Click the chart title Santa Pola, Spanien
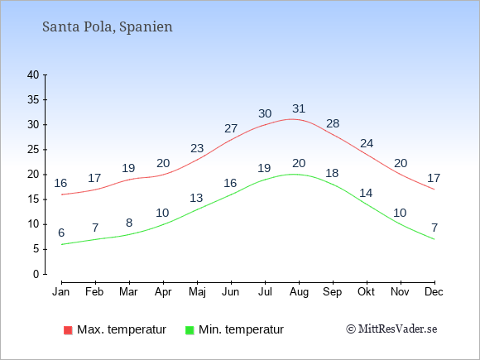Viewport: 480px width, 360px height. (x=108, y=27)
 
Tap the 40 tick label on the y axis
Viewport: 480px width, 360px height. (x=33, y=75)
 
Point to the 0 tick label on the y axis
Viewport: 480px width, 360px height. (x=36, y=274)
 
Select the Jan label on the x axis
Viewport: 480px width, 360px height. (x=61, y=292)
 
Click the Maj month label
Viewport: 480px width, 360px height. (x=197, y=292)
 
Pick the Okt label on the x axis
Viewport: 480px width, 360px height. (x=366, y=292)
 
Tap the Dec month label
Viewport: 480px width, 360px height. (x=434, y=292)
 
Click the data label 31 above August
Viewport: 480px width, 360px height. (x=299, y=108)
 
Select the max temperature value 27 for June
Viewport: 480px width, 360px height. (x=231, y=128)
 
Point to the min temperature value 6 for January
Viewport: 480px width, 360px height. (x=61, y=233)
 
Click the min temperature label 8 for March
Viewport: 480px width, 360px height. (x=129, y=223)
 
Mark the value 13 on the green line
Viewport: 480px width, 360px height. (x=196, y=198)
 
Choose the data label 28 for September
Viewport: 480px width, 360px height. (x=333, y=123)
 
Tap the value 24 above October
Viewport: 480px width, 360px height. (x=367, y=143)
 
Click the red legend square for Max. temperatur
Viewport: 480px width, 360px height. (x=68, y=330)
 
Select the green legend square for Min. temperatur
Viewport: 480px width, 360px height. (x=190, y=330)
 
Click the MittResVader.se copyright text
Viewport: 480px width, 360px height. (x=391, y=329)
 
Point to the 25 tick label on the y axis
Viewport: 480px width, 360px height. (x=33, y=150)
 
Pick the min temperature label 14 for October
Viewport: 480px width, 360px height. (x=366, y=193)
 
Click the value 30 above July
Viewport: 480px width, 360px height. (x=265, y=114)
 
